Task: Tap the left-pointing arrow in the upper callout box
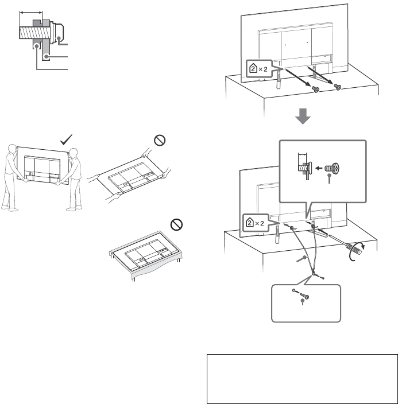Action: (316, 169)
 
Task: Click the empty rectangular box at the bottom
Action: (302, 379)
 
